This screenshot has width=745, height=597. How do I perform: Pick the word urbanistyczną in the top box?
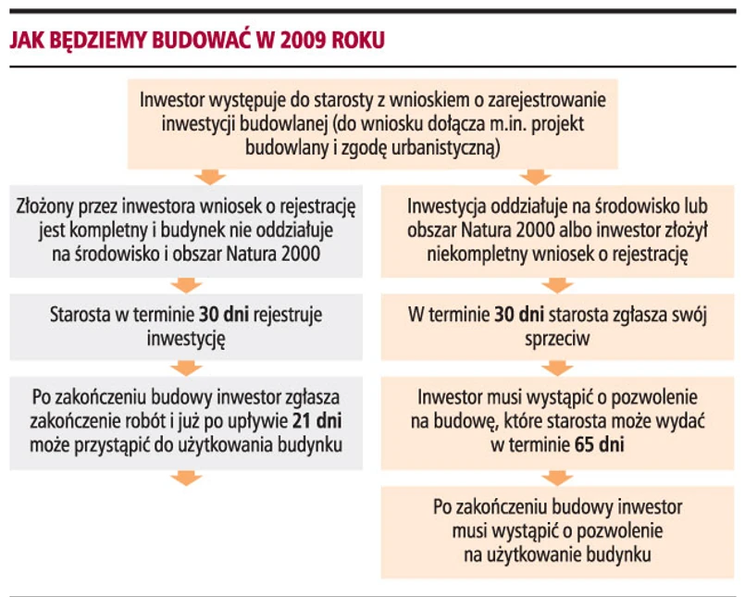pyautogui.click(x=444, y=146)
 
